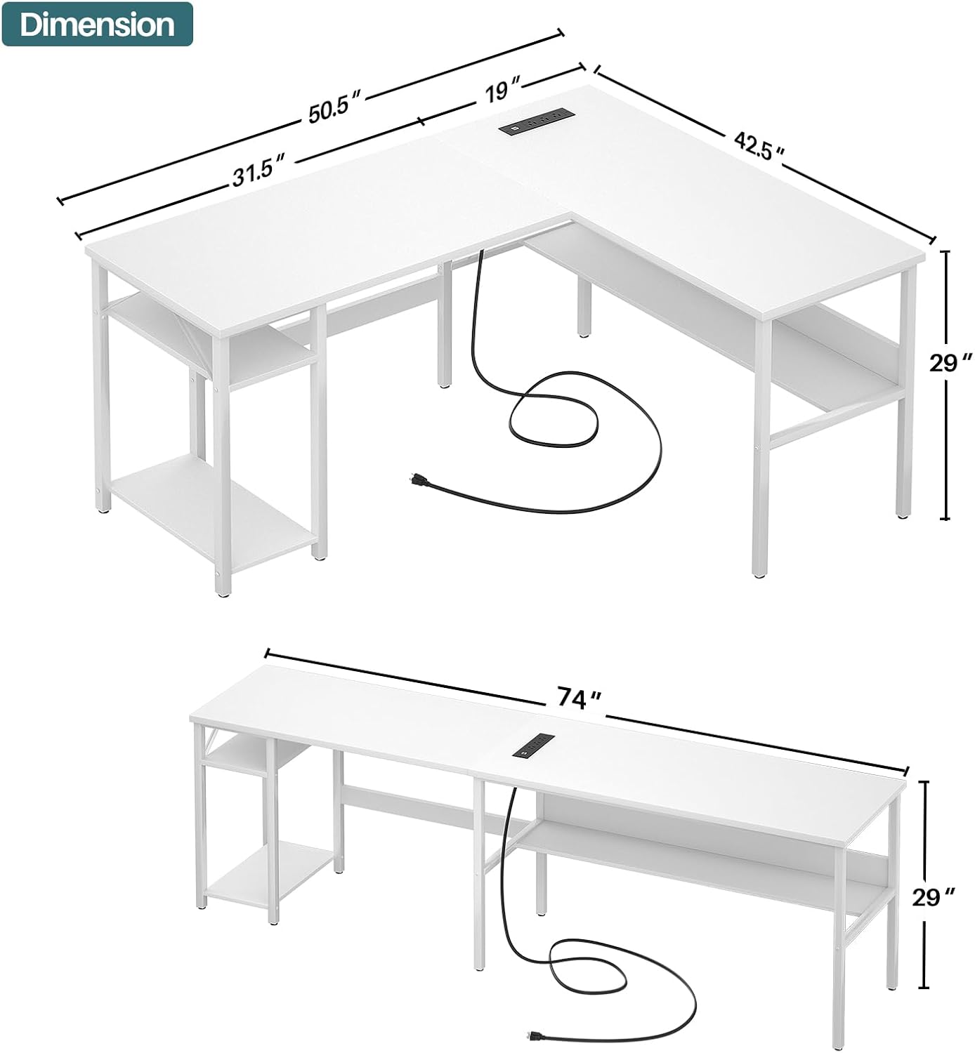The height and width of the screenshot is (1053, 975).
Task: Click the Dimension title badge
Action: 97,25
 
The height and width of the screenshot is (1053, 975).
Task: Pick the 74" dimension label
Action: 579,699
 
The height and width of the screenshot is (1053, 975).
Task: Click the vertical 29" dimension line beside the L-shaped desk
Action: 945,385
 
